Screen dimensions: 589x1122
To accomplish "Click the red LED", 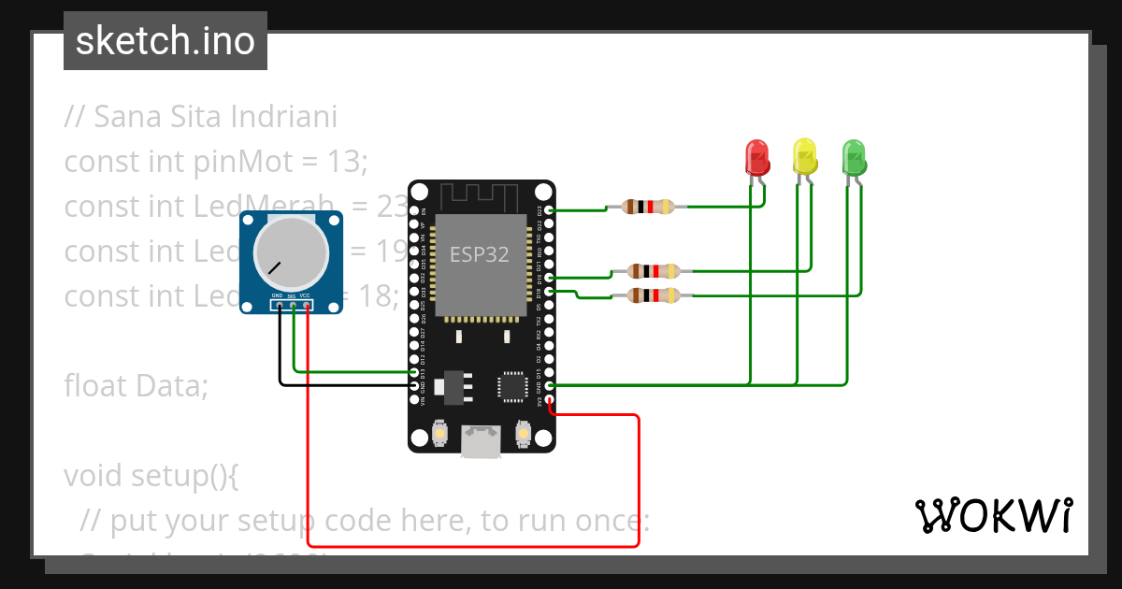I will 756,156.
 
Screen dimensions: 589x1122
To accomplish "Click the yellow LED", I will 805,155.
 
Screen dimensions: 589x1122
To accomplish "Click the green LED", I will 854,156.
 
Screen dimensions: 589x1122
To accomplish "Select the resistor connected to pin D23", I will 649,207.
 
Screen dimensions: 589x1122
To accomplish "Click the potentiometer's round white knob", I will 291,253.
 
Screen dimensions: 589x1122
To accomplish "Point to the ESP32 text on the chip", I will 480,254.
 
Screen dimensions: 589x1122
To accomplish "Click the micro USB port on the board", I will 481,442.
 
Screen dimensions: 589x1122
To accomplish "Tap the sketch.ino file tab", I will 165,41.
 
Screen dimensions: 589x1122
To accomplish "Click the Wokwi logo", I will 993,515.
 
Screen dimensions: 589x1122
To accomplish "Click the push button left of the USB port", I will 439,435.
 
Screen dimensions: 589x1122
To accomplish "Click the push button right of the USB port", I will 523,435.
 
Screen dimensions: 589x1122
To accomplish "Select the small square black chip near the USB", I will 513,385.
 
